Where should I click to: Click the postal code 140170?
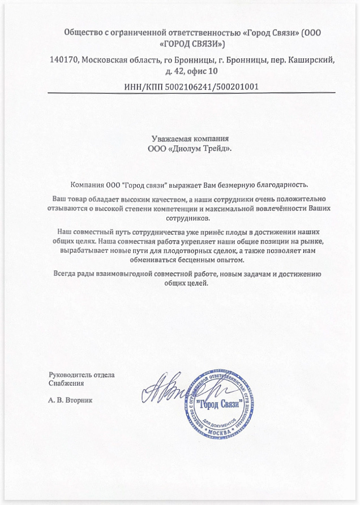[x=63, y=59]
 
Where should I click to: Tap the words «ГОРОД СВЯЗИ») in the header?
[x=192, y=43]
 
